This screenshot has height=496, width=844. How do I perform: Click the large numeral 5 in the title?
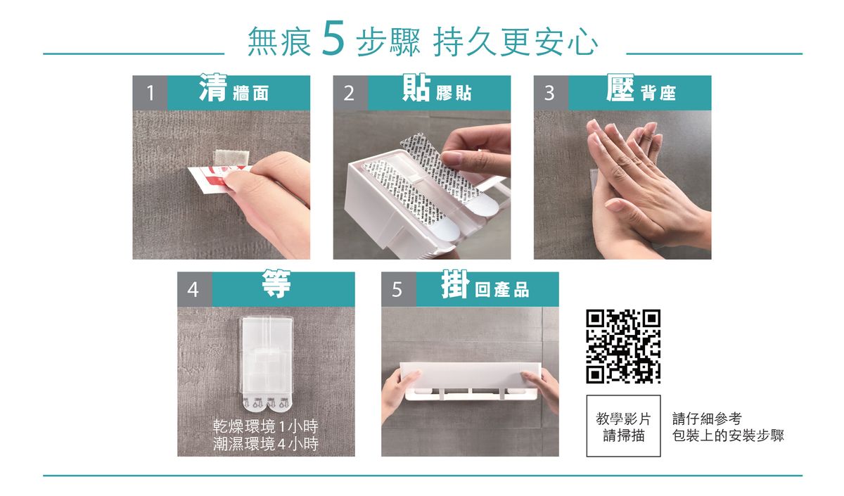(333, 38)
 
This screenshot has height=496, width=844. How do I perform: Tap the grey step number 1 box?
(150, 93)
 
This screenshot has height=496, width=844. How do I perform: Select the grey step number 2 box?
(350, 93)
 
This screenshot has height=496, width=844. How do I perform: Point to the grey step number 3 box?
(551, 93)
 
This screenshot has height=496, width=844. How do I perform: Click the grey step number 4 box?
(195, 289)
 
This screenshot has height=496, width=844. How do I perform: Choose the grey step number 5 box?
(399, 289)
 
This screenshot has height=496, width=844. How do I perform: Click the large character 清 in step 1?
(213, 87)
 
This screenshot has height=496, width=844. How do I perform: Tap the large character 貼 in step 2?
(416, 87)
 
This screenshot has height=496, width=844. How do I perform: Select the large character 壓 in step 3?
(620, 87)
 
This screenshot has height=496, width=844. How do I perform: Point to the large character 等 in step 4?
(276, 284)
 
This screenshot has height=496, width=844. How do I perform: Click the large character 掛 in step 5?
(456, 284)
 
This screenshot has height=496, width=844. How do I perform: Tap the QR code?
(623, 346)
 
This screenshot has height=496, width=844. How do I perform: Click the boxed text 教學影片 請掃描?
(623, 426)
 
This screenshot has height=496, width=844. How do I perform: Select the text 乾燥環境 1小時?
(266, 426)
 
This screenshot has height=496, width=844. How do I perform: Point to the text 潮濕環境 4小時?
(266, 444)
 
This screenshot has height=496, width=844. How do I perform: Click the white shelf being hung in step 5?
(470, 381)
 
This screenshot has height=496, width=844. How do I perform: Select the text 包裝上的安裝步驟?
(728, 435)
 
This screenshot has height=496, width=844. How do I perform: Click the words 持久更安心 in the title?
(515, 42)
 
